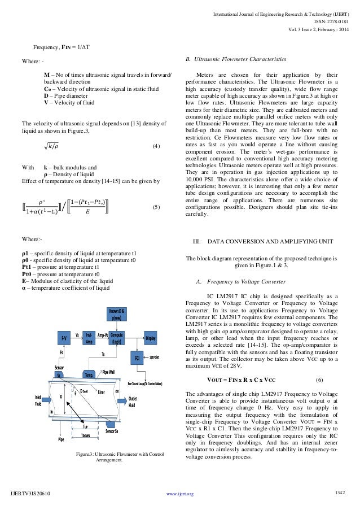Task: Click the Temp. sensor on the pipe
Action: (x=89, y=374)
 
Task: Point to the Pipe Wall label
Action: (x=109, y=372)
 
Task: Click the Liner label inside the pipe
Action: (x=102, y=391)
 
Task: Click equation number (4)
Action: (x=157, y=147)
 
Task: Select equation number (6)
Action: (x=319, y=378)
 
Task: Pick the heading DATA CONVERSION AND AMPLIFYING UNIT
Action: (x=265, y=241)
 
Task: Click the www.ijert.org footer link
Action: (x=180, y=494)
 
